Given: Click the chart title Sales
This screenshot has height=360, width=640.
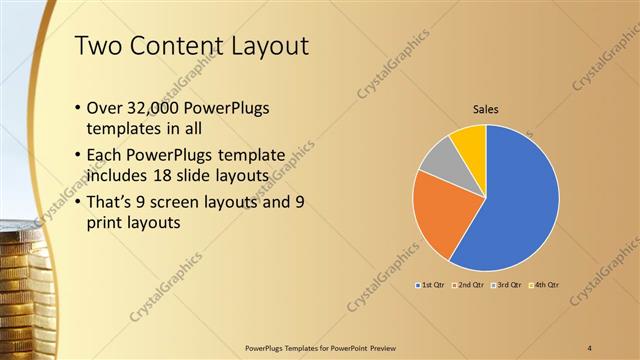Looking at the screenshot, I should pos(486,109).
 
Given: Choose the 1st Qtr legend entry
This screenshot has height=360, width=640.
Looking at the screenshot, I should pos(433,286).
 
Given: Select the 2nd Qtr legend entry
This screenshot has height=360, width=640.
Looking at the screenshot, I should pos(469,286).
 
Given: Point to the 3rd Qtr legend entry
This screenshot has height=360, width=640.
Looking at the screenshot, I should pos(505,286).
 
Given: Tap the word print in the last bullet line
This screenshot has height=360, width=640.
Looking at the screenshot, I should pos(110,224).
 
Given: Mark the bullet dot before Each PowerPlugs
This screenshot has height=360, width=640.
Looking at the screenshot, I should pos(79,156).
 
